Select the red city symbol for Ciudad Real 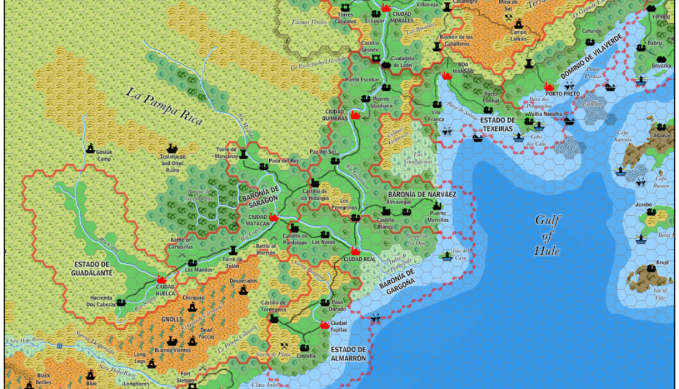[x=355, y=252]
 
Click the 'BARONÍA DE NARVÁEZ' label [x=421, y=193]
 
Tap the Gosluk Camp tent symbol [x=90, y=149]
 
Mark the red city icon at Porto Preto [x=549, y=86]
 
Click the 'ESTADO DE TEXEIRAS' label [x=496, y=124]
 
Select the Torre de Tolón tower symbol [x=233, y=249]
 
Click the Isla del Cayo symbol [x=448, y=256]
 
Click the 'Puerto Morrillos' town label [x=437, y=216]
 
